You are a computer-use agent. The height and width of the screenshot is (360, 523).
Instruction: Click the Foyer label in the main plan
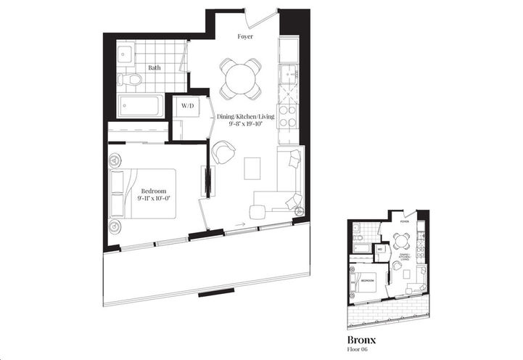coord(245,36)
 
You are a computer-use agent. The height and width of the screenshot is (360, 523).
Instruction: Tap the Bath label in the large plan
coord(155,67)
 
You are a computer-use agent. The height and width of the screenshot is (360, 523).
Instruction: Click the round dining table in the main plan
coord(241,78)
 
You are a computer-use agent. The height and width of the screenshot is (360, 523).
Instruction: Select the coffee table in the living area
coord(252,168)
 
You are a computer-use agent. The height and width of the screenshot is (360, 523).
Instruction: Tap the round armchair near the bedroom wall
coord(224,152)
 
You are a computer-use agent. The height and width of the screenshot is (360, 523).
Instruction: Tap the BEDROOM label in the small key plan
coord(367,279)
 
